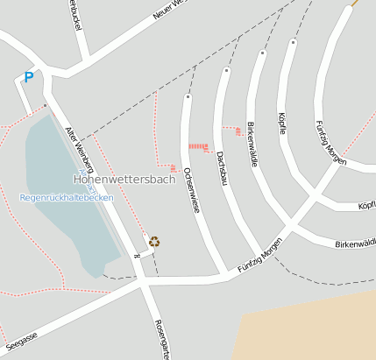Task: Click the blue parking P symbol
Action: tap(28, 78)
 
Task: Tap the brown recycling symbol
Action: tap(154, 241)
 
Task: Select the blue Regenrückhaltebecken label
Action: tap(67, 198)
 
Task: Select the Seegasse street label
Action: tap(22, 338)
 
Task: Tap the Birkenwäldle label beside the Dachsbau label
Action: tap(252, 144)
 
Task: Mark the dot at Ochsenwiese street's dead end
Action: tap(187, 96)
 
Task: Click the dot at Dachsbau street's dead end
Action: tap(226, 69)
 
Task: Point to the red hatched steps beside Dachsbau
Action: tap(199, 145)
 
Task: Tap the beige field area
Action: tap(316, 328)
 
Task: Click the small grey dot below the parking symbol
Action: tap(46, 106)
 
